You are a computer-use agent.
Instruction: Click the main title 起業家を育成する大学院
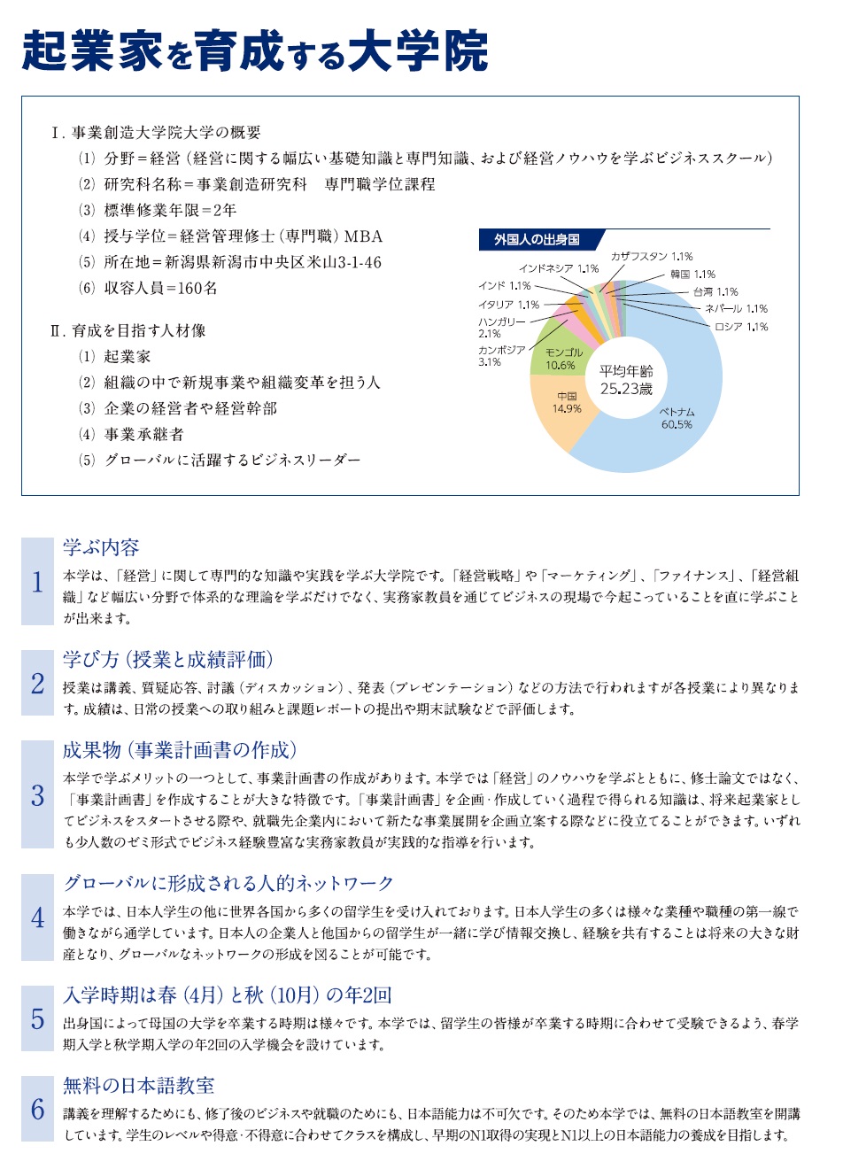click(x=255, y=50)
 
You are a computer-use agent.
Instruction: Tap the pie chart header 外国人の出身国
click(x=537, y=240)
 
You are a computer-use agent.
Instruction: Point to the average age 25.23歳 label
click(x=625, y=380)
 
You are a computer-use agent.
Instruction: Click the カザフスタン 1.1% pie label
click(x=651, y=257)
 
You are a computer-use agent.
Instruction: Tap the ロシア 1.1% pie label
click(x=741, y=327)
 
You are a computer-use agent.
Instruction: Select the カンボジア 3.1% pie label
click(x=501, y=355)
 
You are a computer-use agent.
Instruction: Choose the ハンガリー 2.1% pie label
click(x=501, y=327)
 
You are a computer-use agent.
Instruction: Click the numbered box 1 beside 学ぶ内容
click(x=37, y=581)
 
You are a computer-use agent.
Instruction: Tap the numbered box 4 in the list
click(x=37, y=917)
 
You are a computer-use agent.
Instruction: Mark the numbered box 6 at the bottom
click(x=37, y=1108)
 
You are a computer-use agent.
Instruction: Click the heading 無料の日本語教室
click(x=138, y=1086)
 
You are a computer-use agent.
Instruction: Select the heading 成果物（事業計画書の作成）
click(x=180, y=750)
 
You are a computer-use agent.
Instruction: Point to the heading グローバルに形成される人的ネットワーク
click(x=228, y=883)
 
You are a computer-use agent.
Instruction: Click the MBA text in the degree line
click(x=363, y=236)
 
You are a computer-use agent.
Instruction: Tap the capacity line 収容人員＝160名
click(x=160, y=288)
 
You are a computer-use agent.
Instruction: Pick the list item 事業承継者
click(x=143, y=434)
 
